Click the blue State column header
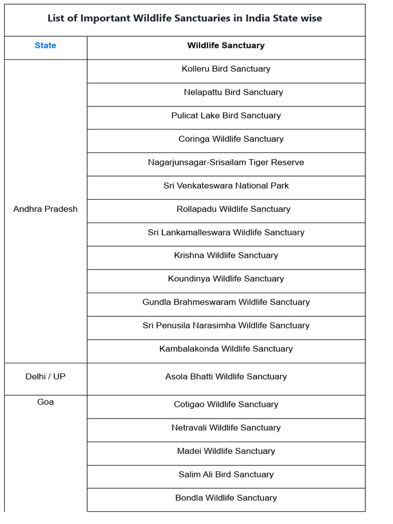point(46,46)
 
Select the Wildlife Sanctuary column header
point(226,46)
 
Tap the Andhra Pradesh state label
point(46,209)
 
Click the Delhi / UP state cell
point(46,377)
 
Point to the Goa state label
point(46,402)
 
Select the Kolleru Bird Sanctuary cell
point(226,69)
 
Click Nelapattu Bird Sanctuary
point(233,92)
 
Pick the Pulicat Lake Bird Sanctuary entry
point(226,116)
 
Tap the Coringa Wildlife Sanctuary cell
point(231,139)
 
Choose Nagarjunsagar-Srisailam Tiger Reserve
point(226,162)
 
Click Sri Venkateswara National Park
point(226,186)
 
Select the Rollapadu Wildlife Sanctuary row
point(233,209)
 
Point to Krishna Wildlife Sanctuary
point(226,255)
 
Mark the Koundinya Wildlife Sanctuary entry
point(226,279)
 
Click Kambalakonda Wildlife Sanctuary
point(226,349)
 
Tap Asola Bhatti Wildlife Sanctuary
point(226,377)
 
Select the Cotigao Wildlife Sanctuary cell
point(226,404)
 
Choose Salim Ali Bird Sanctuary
point(226,474)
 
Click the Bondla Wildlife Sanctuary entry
point(226,498)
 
